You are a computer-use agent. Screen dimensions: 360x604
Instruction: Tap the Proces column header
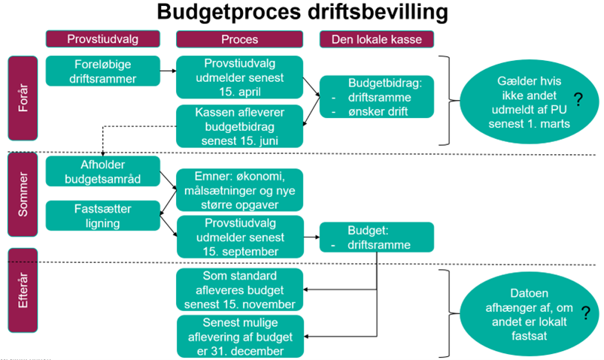point(239,39)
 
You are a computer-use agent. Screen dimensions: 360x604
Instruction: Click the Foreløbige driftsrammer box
point(103,70)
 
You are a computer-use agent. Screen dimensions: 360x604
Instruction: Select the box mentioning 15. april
point(239,77)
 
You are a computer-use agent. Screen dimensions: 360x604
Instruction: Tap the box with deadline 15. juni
point(239,125)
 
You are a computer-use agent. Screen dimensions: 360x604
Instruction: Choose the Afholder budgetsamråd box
point(103,172)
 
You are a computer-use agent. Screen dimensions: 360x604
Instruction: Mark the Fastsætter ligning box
point(103,215)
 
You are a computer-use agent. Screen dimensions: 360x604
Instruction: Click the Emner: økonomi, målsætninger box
point(239,189)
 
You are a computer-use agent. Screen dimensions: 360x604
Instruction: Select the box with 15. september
point(239,236)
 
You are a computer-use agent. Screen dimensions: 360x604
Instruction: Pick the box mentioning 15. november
point(239,289)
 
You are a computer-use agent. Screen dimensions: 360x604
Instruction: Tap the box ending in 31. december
point(239,336)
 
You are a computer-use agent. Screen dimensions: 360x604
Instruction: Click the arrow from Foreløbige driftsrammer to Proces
point(168,71)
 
